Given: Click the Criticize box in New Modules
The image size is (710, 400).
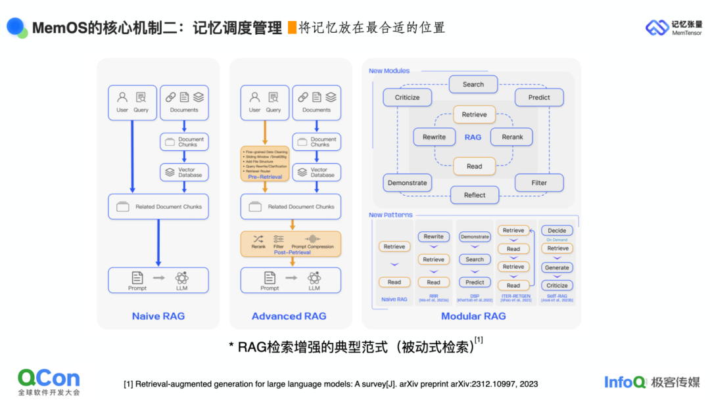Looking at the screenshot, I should [x=407, y=97].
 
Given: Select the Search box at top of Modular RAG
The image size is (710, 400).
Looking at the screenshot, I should [x=473, y=84].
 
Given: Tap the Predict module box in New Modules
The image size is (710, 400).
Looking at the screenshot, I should [x=539, y=97].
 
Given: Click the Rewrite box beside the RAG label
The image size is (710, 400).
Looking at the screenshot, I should [x=434, y=137].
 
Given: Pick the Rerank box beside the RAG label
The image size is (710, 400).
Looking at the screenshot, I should [x=512, y=137].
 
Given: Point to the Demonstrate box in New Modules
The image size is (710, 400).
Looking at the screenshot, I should [x=407, y=183].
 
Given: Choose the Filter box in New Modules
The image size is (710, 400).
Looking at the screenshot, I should [x=539, y=183].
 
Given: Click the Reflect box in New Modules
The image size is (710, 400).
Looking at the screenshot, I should [x=475, y=194].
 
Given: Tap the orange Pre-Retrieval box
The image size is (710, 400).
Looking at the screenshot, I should [x=264, y=164].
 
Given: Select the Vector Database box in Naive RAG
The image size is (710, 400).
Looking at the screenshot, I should [x=184, y=172].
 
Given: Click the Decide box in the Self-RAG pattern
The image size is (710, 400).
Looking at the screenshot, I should [x=557, y=231].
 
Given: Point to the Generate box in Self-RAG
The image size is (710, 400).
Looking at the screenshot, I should [x=557, y=267].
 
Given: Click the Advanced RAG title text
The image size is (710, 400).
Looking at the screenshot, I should [x=289, y=316].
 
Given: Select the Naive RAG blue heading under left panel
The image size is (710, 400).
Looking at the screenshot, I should [x=158, y=316].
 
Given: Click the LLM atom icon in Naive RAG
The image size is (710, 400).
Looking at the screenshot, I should [x=182, y=278].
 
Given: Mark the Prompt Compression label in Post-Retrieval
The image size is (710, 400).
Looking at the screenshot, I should [x=312, y=246].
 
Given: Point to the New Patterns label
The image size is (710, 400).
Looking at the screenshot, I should [x=390, y=215].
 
